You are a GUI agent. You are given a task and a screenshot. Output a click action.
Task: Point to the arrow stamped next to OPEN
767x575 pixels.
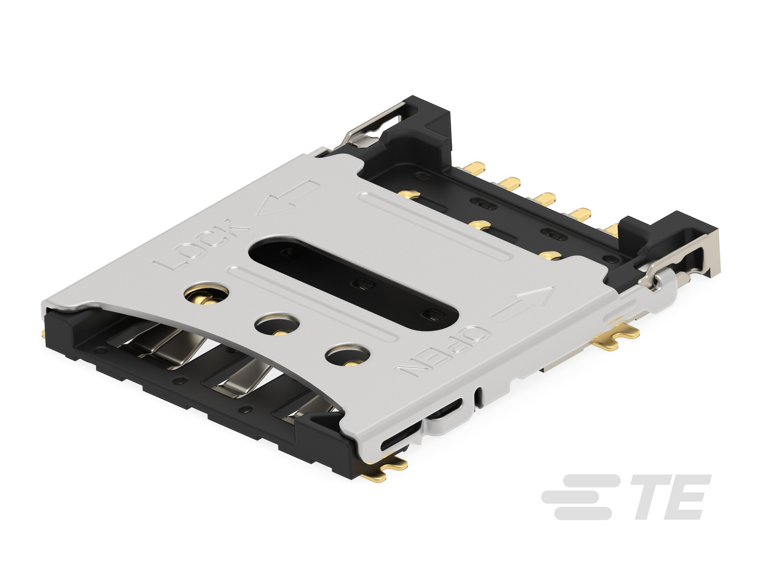click(522, 303)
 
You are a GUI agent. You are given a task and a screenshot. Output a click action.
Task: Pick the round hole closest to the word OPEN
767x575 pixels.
click(347, 356)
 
